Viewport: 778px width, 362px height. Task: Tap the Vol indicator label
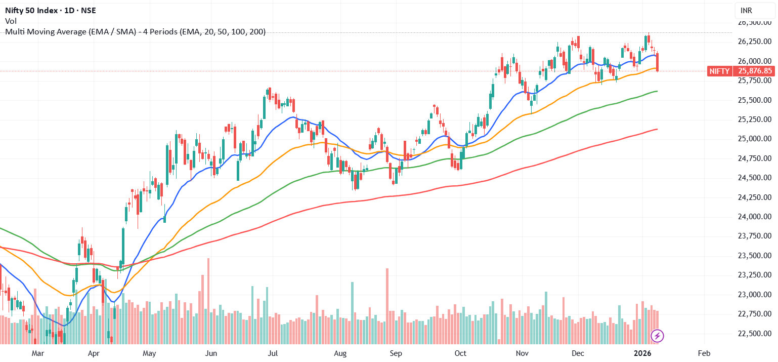tap(10, 21)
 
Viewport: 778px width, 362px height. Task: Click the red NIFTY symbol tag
tap(719, 71)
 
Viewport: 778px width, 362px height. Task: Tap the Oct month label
tap(460, 353)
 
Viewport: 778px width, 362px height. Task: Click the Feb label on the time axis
tap(703, 353)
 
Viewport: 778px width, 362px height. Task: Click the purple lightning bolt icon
tap(657, 335)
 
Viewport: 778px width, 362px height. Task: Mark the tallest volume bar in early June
tap(208, 301)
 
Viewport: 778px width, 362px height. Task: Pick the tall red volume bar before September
tap(387, 306)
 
